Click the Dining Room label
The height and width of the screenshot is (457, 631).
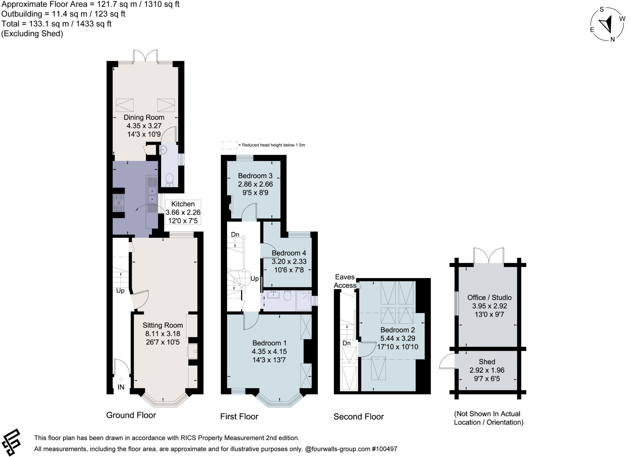coord(144,117)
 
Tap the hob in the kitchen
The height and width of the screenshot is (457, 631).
coord(119,202)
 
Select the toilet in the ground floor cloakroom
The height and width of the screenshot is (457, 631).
coord(169,180)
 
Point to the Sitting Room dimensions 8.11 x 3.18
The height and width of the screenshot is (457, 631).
coord(163,334)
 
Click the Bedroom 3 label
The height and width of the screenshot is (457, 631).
coord(255,176)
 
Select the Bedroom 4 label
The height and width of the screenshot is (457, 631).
coord(289,253)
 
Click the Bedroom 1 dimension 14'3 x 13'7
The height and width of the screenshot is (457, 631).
coord(270,360)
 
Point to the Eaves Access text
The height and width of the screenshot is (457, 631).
coord(344,281)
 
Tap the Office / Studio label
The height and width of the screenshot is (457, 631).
coord(489,297)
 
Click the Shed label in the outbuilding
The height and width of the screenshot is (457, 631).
coord(487,362)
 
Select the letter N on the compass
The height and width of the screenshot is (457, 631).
coord(613,39)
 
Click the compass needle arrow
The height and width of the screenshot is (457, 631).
coord(606,25)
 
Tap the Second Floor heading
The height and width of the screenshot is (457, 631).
coord(358,417)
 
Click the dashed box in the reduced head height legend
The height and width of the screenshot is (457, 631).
coord(229,145)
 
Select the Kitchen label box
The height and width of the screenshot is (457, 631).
coord(183,212)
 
